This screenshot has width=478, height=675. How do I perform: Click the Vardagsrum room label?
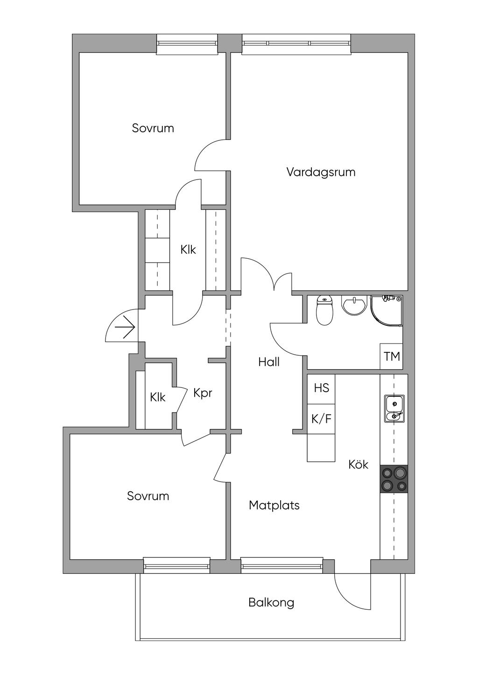click(x=321, y=172)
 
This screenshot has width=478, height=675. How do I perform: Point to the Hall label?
click(x=269, y=362)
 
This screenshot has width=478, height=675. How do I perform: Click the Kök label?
click(x=358, y=464)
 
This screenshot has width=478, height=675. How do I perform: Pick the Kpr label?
click(x=203, y=393)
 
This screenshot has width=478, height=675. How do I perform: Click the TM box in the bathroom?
click(x=392, y=357)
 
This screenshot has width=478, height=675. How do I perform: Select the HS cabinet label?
click(x=321, y=388)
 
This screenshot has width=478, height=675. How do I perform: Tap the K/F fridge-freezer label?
click(x=321, y=419)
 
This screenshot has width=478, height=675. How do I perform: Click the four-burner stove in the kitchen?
click(x=394, y=479)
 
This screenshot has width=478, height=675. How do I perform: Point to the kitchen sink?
click(x=394, y=409)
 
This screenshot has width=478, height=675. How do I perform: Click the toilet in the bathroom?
click(x=324, y=310)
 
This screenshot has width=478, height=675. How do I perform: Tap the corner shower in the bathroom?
click(x=387, y=310)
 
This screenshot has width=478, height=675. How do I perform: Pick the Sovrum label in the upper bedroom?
click(x=153, y=129)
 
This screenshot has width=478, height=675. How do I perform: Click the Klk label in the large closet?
click(x=188, y=249)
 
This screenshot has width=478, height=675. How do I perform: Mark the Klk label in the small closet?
click(x=157, y=398)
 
